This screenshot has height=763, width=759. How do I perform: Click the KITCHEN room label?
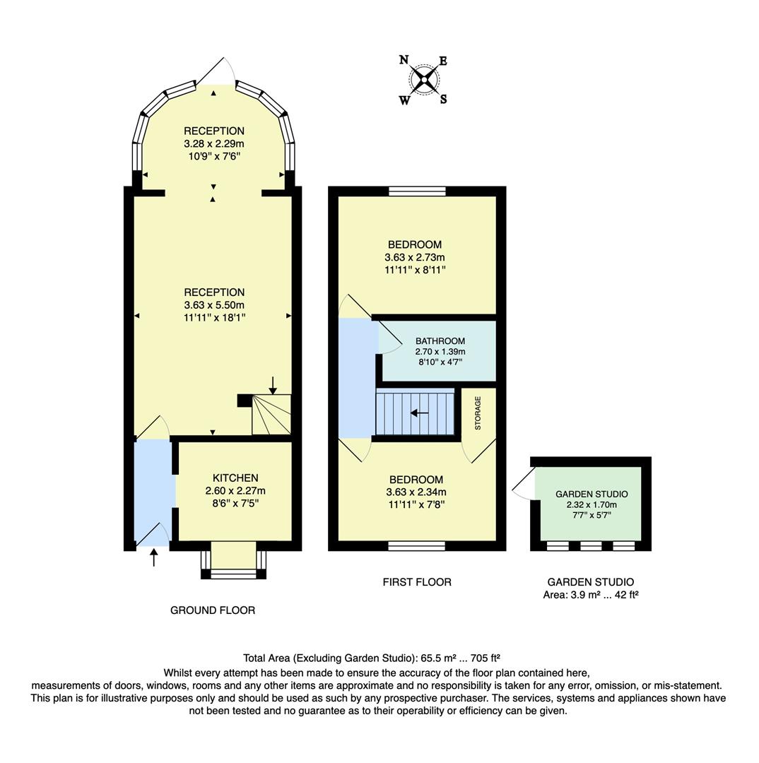tap(235, 478)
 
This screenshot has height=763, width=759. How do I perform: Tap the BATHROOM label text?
tap(440, 341)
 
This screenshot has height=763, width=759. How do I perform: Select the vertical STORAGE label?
tap(478, 413)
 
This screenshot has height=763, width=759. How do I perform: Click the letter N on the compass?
tap(404, 60)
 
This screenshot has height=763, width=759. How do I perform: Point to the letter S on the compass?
tap(443, 100)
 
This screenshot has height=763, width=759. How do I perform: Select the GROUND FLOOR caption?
tap(212, 610)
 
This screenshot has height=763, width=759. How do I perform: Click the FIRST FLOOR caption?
tap(417, 582)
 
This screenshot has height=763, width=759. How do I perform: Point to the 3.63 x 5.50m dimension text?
tap(215, 304)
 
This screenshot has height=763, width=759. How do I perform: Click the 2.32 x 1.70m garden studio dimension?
tap(591, 505)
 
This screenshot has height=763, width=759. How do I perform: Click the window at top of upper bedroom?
tap(417, 191)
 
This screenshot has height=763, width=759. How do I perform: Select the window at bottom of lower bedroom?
tap(417, 545)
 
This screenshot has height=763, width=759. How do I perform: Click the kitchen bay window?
tap(234, 573)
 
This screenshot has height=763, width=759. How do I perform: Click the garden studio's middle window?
tap(590, 545)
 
